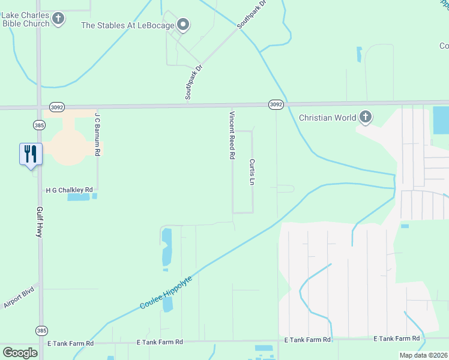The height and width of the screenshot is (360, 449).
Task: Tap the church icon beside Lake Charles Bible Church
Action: tap(58, 19)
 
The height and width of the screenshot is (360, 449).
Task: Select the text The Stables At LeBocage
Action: tap(127, 25)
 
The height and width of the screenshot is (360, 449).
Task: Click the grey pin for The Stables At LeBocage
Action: tap(184, 25)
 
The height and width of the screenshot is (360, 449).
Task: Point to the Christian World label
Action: tap(327, 118)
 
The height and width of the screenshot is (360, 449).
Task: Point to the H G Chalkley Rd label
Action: tap(70, 190)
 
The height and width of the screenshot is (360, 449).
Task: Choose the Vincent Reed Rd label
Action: tap(231, 134)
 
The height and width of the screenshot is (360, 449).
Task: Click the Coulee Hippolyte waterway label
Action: tap(166, 293)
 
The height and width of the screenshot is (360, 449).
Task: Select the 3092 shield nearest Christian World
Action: tap(276, 104)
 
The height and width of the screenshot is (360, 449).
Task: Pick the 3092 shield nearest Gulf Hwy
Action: tap(56, 107)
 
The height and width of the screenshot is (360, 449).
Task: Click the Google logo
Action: tap(20, 353)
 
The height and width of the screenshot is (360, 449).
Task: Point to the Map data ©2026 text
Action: tap(423, 355)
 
